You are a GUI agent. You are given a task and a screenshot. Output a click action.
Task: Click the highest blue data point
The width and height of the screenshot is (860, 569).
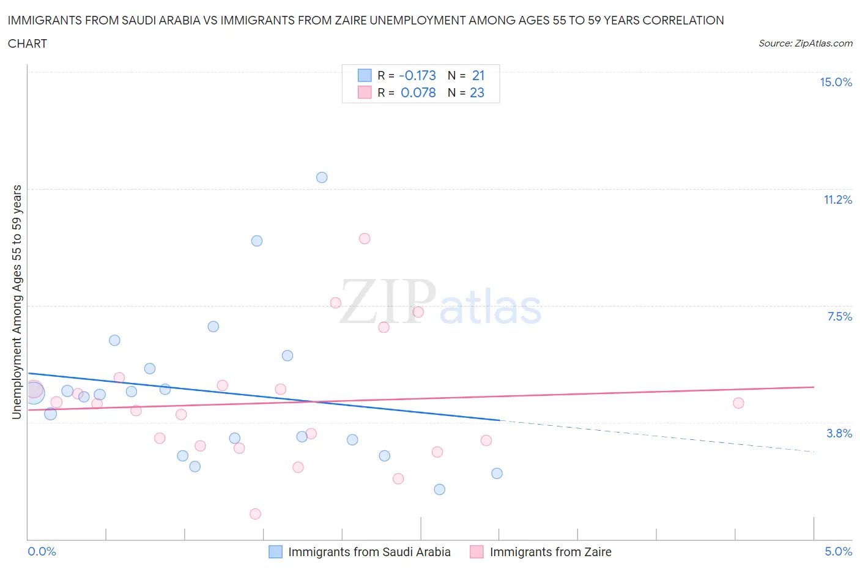pyautogui.click(x=322, y=177)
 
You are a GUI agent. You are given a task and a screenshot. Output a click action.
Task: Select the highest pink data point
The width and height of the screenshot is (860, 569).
pyautogui.click(x=365, y=239)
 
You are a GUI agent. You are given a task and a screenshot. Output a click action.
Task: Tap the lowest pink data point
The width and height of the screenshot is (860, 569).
pyautogui.click(x=256, y=514)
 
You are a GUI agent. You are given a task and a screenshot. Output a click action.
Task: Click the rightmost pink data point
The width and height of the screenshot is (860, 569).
pyautogui.click(x=738, y=403)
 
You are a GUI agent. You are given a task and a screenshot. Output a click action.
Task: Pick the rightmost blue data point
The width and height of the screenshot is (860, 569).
pyautogui.click(x=497, y=474)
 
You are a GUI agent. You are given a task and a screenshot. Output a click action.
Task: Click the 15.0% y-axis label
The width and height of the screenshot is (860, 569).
pyautogui.click(x=836, y=83)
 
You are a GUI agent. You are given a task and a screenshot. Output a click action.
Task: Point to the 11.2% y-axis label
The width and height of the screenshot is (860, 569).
pyautogui.click(x=837, y=200)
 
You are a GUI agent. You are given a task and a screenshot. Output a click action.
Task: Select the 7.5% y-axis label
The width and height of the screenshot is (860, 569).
pyautogui.click(x=839, y=316)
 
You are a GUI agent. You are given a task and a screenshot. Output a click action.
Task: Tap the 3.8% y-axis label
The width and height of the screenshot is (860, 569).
pyautogui.click(x=839, y=433)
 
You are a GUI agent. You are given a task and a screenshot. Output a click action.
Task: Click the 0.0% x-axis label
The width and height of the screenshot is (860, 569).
pyautogui.click(x=42, y=552)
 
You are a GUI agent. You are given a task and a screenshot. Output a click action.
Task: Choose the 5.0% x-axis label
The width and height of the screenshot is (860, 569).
pyautogui.click(x=838, y=552)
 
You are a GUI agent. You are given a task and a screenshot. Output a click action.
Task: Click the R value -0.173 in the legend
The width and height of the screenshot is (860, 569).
pyautogui.click(x=417, y=76)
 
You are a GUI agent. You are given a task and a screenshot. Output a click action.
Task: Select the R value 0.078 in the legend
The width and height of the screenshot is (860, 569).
pyautogui.click(x=418, y=93)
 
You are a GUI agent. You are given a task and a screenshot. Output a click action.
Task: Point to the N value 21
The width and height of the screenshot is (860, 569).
pyautogui.click(x=478, y=76)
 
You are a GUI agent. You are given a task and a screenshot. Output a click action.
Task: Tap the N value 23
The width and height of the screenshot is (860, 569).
pyautogui.click(x=477, y=93)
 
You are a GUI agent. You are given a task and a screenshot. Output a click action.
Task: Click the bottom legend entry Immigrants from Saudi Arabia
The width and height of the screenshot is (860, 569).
pyautogui.click(x=369, y=552)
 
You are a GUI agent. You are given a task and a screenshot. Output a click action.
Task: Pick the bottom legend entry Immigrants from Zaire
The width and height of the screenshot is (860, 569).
pyautogui.click(x=550, y=552)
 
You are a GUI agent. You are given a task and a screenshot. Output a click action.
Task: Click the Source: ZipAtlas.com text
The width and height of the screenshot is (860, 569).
pyautogui.click(x=805, y=43)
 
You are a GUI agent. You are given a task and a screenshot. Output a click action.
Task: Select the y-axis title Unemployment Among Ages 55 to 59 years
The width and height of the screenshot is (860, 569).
pyautogui.click(x=17, y=302)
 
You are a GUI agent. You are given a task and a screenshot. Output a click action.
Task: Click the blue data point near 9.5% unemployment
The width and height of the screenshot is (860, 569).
pyautogui.click(x=257, y=241)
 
